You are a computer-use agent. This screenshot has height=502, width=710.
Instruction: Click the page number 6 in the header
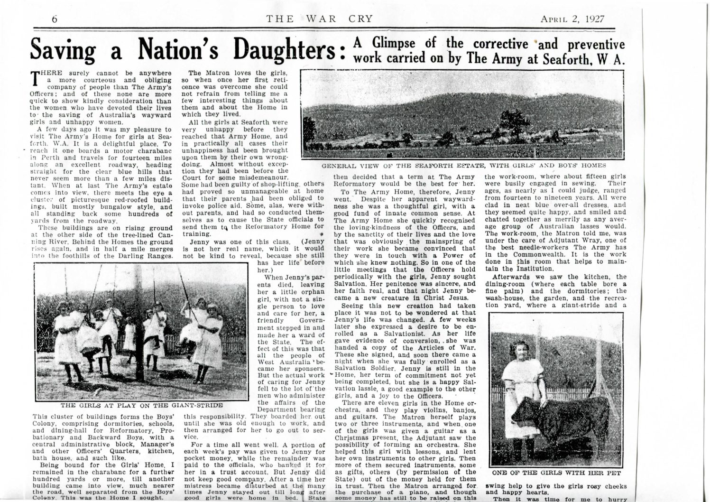tap(55, 19)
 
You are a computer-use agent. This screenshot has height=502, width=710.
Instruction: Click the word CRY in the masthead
tap(359, 19)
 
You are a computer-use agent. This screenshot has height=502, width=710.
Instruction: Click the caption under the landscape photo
tap(463, 166)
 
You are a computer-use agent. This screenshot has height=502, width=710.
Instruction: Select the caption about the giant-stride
tap(142, 406)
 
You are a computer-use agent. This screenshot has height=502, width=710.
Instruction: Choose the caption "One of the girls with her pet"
tap(556, 473)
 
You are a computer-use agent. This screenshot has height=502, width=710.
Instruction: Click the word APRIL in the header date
tap(554, 19)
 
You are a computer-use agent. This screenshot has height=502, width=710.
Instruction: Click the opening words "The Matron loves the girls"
tap(238, 73)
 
